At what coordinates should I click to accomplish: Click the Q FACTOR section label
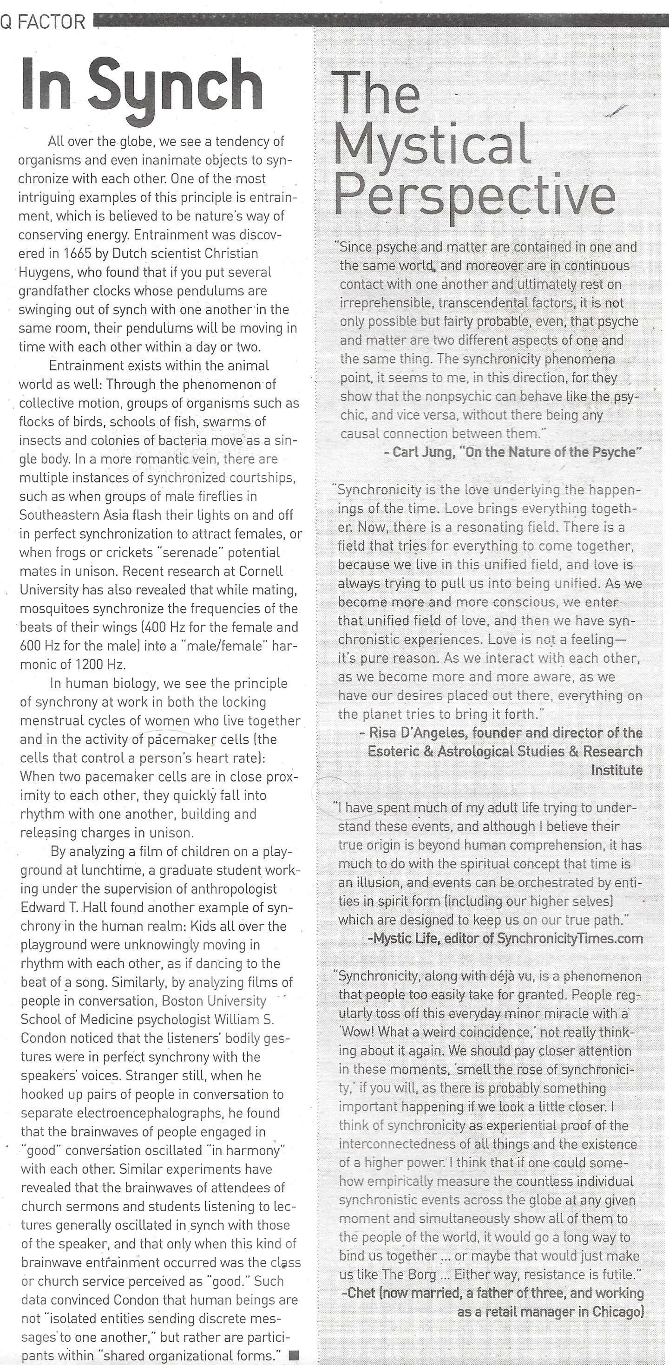click(x=42, y=22)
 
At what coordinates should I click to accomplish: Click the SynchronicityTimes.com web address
click(x=570, y=939)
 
